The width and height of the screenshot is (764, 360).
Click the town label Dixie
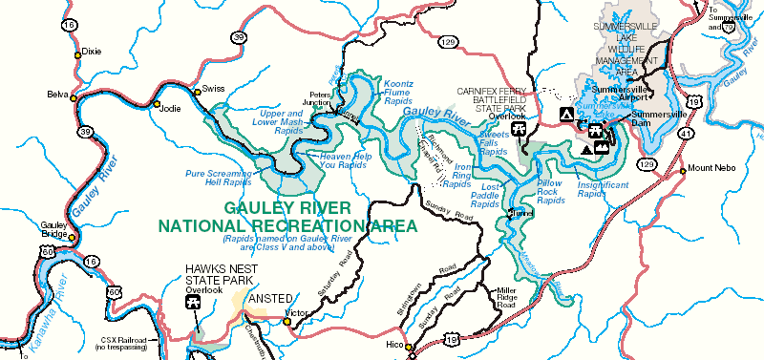click(93, 52)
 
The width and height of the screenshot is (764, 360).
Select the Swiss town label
click(213, 90)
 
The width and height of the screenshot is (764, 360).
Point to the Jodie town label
click(169, 108)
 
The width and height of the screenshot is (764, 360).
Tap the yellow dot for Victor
click(286, 321)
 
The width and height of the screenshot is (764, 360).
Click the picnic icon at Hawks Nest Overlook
click(194, 303)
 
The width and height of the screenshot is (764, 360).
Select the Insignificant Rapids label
click(604, 187)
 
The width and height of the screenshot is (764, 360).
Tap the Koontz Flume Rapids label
click(400, 91)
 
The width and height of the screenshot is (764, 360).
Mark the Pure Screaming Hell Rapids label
click(218, 179)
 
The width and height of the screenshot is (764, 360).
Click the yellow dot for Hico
click(408, 347)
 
